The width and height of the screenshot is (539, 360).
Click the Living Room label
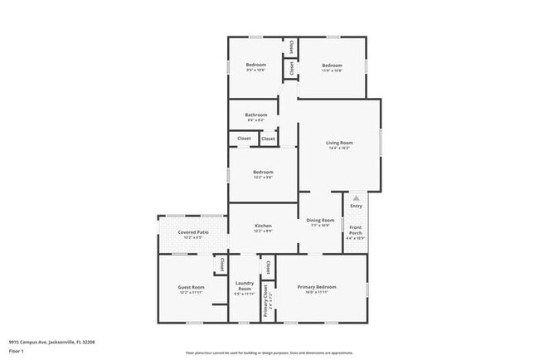click(340, 143)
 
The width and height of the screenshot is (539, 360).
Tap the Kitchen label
click(263, 226)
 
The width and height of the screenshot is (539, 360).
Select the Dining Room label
click(320, 220)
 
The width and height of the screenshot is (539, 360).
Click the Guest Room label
click(191, 287)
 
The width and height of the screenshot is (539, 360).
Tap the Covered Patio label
click(192, 232)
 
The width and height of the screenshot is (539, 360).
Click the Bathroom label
click(255, 114)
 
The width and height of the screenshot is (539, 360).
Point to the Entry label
click(356, 206)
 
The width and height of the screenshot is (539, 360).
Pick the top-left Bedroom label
click(255, 65)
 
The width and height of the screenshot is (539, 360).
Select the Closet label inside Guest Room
click(221, 265)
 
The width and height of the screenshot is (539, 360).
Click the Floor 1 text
click(17, 351)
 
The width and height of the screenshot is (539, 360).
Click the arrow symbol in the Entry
click(356, 198)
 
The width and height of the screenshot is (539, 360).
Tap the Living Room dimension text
click(340, 148)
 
